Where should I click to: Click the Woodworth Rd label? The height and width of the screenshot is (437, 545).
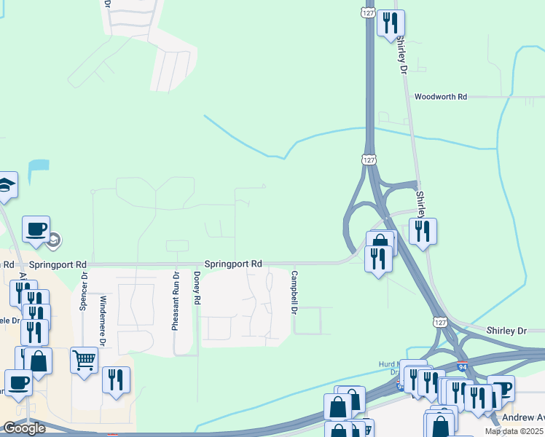[x=440, y=96]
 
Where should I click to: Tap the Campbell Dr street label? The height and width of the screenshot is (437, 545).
[x=294, y=293]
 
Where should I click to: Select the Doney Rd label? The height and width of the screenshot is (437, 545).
[x=197, y=288]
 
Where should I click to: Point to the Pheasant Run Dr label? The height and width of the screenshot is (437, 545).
[x=176, y=301]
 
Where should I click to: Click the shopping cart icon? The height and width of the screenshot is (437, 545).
[x=84, y=359]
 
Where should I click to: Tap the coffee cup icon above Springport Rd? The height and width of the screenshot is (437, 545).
[x=36, y=229]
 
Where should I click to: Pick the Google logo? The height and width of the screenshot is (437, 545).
[x=24, y=428]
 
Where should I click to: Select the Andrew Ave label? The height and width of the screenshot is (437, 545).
[x=522, y=418]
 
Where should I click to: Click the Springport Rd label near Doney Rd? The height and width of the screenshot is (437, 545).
[x=232, y=264]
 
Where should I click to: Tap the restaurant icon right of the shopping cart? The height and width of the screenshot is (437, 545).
[x=116, y=380]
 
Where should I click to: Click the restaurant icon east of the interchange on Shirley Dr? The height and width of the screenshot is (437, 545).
[x=423, y=232]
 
